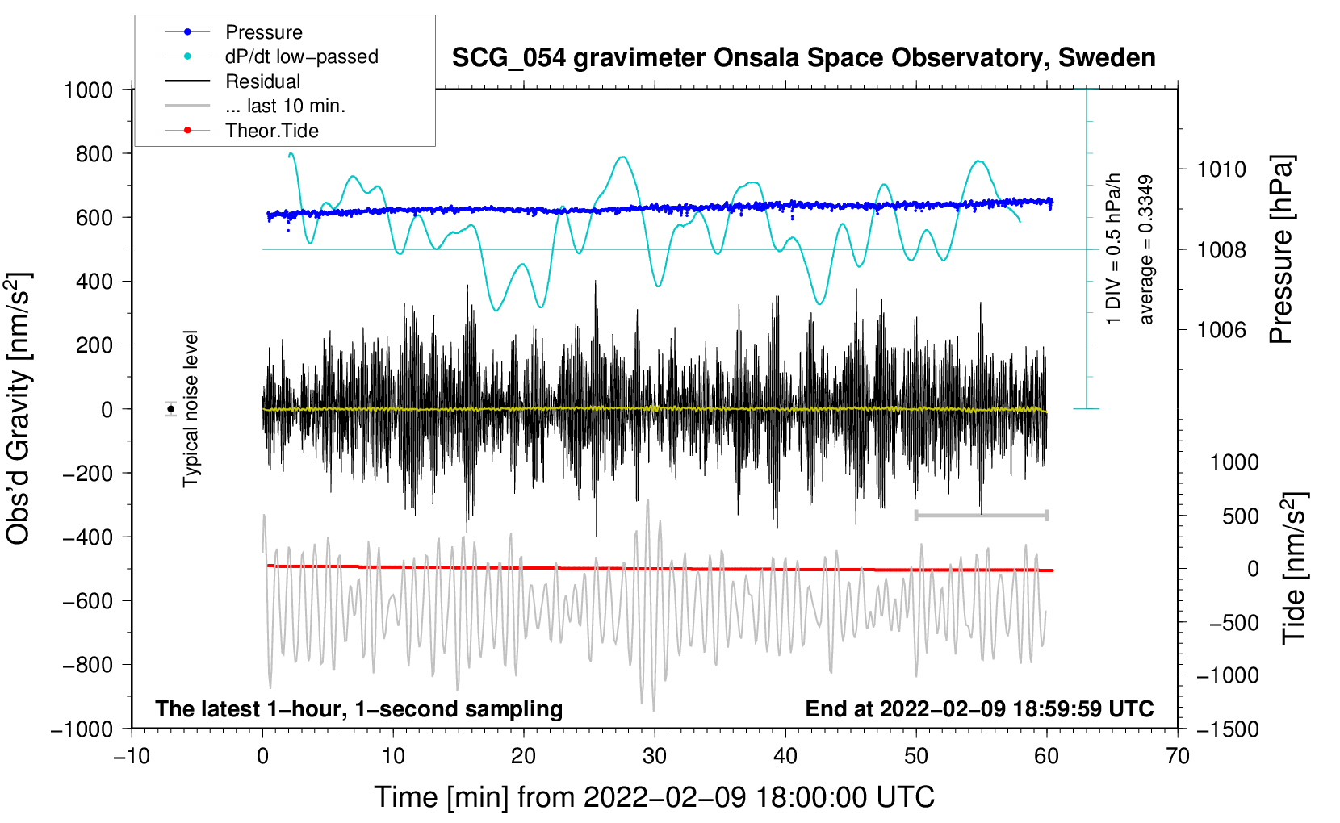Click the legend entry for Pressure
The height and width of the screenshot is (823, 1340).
[x=263, y=32]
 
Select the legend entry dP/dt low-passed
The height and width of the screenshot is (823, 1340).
[x=301, y=56]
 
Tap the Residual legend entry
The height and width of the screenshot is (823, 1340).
[x=262, y=81]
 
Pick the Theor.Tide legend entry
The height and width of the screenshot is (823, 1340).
[x=271, y=131]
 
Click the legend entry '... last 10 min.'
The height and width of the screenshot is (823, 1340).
[x=285, y=106]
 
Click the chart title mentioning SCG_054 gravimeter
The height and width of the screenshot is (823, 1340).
[x=803, y=58]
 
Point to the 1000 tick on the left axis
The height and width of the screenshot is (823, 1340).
[x=88, y=90]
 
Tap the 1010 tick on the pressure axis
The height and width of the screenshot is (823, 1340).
[x=1221, y=169]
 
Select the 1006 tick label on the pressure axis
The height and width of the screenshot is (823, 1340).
[x=1221, y=329]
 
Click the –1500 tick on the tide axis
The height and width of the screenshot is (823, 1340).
[x=1227, y=729]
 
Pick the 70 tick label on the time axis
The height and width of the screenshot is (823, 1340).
[x=1178, y=757]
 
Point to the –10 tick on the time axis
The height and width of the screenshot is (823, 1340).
[x=132, y=757]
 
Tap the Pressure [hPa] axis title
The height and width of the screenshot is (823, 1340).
[x=1281, y=250]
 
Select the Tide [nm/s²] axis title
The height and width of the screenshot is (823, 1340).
[x=1294, y=568]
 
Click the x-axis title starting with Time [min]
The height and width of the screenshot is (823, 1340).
[x=654, y=797]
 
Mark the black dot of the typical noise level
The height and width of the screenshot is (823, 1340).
[x=170, y=409]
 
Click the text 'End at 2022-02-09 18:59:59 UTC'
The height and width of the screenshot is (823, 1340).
[x=979, y=709]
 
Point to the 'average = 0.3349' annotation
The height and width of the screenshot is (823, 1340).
[x=1145, y=250]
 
